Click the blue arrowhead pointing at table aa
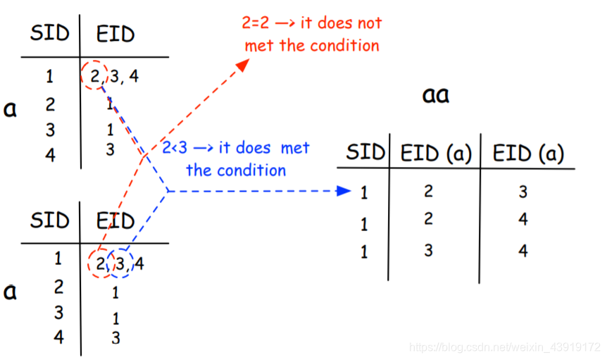tap(344, 190)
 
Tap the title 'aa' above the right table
tap(436, 95)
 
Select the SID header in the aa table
tap(365, 152)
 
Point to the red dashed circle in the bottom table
tap(99, 264)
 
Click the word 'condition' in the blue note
tap(251, 170)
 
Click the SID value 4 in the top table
tap(50, 155)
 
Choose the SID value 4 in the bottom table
tap(58, 336)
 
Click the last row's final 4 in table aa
tap(523, 251)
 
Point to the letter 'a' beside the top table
tap(10, 110)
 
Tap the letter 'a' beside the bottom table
tap(10, 290)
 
